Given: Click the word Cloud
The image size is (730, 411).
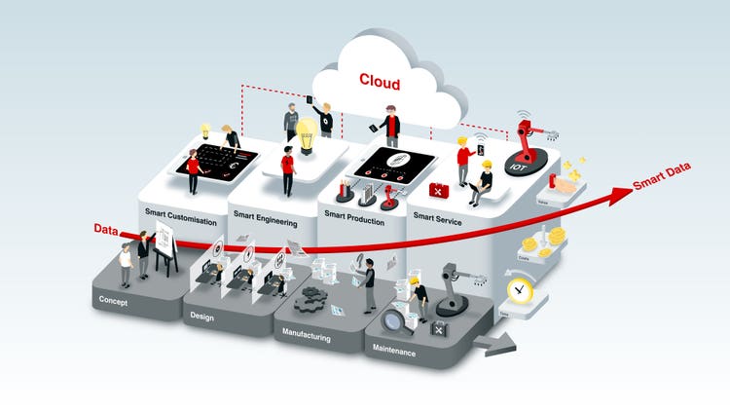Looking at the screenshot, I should tap(380, 80).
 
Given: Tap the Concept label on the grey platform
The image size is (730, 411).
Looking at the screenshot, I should tap(114, 302).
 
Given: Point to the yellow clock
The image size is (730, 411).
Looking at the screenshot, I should tap(519, 289).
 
